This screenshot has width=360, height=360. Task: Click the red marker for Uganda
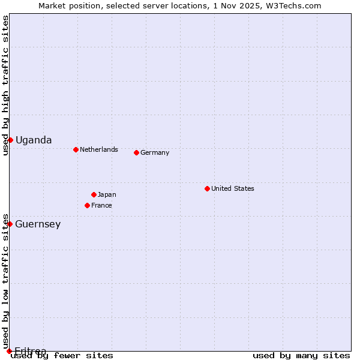tap(10, 140)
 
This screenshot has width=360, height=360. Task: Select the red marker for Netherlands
tap(76, 149)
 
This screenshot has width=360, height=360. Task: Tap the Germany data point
tap(136, 152)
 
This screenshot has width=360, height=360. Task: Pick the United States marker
tap(207, 188)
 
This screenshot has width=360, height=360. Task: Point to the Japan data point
tap(94, 194)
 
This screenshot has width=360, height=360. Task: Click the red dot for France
tap(87, 205)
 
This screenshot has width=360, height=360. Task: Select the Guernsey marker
tap(10, 224)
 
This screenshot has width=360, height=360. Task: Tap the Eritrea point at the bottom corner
tap(9, 351)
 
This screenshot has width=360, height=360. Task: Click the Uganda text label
tap(34, 140)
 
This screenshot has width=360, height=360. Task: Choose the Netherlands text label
tap(99, 149)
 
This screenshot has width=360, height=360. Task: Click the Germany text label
tap(155, 152)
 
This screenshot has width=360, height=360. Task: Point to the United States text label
tap(233, 188)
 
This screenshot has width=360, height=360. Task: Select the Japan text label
tap(107, 194)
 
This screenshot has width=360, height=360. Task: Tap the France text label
tap(101, 205)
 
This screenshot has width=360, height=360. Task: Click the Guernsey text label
tap(38, 224)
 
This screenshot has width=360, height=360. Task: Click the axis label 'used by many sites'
tap(301, 355)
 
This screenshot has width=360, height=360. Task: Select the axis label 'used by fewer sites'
tap(62, 355)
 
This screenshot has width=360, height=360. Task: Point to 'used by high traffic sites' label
tap(5, 85)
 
